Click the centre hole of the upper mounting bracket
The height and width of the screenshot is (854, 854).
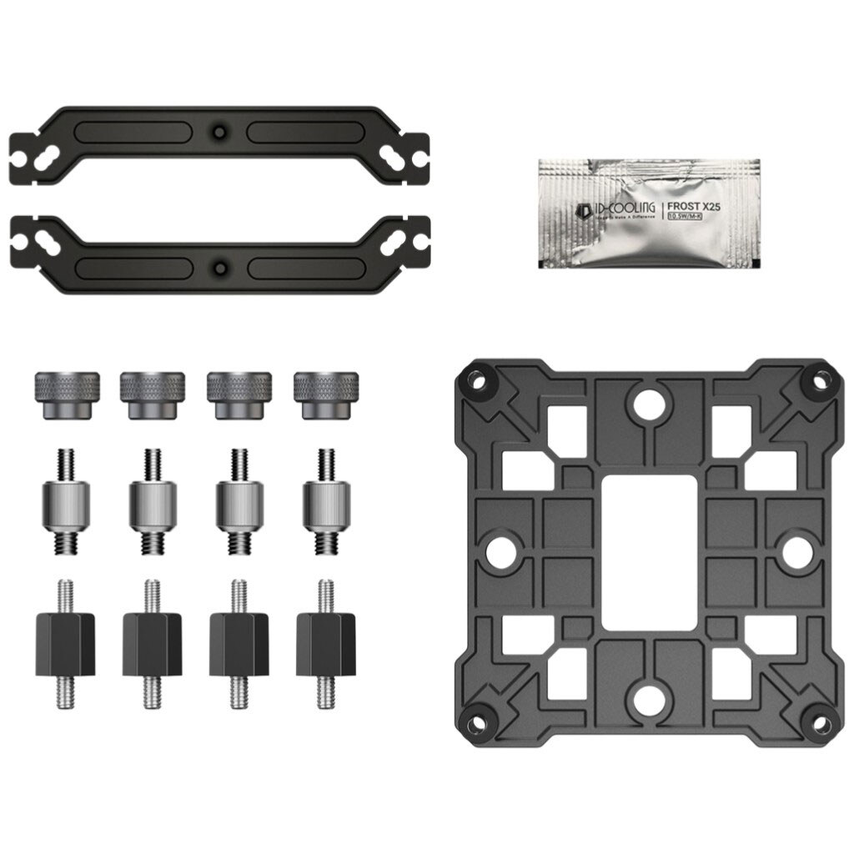point(219,132)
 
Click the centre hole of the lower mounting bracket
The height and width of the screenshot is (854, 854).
point(219,269)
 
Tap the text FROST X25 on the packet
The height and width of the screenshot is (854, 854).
point(703,205)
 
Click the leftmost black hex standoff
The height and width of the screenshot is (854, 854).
point(64,645)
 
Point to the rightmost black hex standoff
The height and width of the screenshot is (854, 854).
point(325,645)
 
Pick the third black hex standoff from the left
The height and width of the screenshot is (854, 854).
point(239,645)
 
